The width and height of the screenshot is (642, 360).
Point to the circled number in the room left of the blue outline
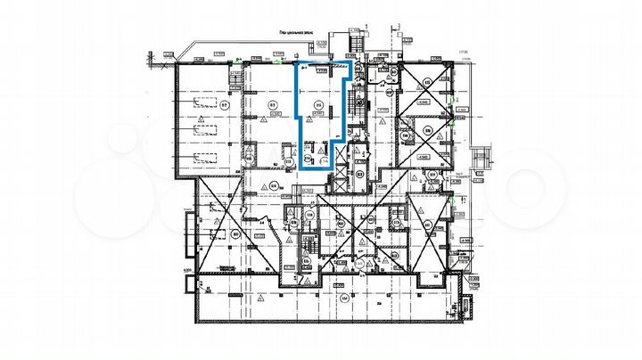271,105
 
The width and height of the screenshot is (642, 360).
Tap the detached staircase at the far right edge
482,159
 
